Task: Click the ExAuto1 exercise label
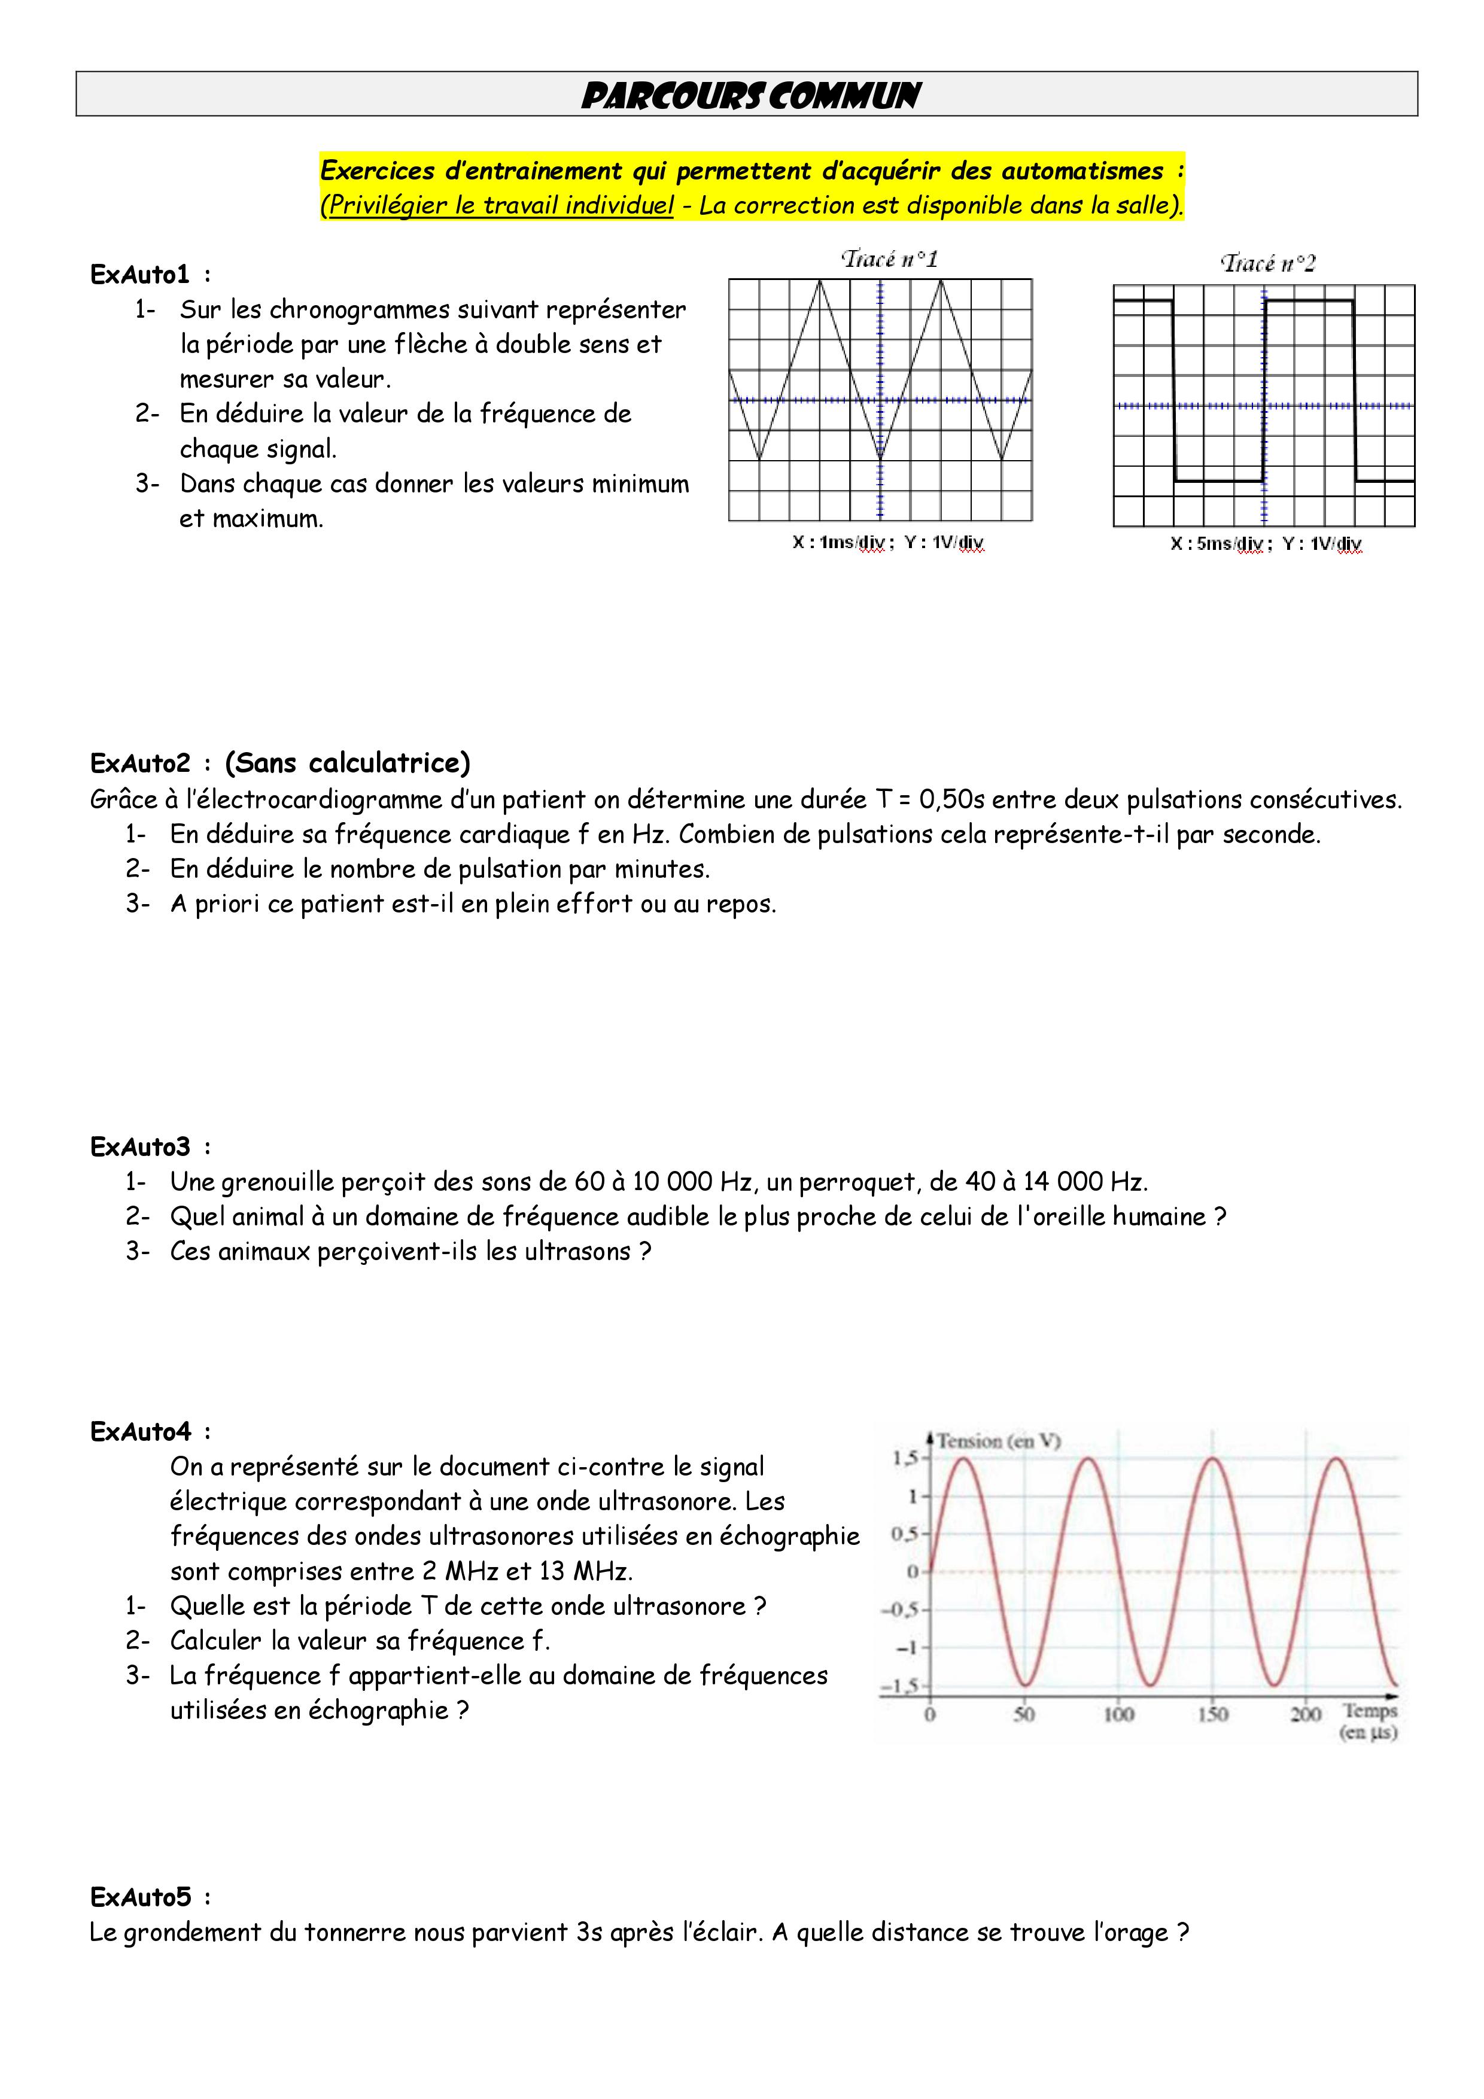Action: [140, 274]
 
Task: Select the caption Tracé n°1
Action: [889, 260]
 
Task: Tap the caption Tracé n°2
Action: [1268, 264]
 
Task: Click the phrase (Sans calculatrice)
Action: [348, 762]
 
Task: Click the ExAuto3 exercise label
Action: [140, 1146]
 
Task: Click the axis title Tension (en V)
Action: [999, 1441]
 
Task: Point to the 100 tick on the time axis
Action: [1118, 1714]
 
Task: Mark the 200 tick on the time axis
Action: [1306, 1714]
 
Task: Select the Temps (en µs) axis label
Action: [1369, 1720]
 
